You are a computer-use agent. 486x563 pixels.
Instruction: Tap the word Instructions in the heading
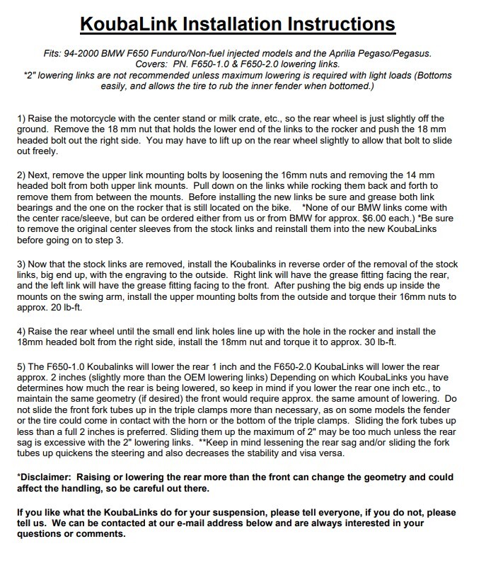pos(340,24)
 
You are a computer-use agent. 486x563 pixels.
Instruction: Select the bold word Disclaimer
pos(44,477)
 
